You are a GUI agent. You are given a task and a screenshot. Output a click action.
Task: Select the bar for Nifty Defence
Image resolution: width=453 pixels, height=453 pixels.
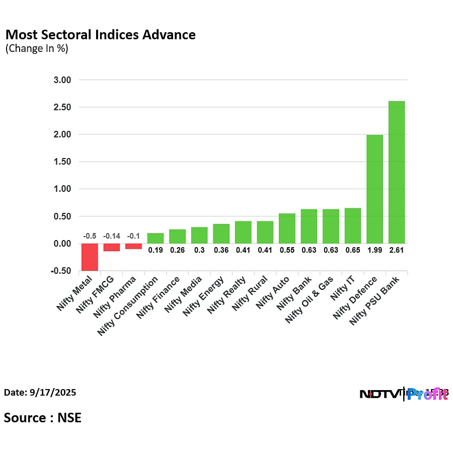click(374, 189)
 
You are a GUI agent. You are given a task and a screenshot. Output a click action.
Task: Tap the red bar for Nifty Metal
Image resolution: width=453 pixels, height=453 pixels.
click(90, 257)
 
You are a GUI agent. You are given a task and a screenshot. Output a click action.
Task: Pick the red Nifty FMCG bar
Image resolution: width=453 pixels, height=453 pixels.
click(112, 247)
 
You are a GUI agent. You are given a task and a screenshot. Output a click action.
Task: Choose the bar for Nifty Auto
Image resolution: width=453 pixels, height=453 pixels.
click(287, 229)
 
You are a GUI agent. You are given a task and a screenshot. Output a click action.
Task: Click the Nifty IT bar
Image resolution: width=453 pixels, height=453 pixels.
click(353, 225)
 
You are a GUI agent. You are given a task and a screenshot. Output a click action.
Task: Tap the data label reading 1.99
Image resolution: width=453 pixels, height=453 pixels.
click(374, 250)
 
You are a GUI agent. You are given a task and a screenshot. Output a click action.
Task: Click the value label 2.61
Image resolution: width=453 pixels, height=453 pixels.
click(397, 250)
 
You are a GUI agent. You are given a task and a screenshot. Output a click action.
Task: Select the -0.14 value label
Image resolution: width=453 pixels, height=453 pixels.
click(112, 236)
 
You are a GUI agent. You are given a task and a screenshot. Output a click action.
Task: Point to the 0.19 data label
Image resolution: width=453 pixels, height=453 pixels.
click(156, 250)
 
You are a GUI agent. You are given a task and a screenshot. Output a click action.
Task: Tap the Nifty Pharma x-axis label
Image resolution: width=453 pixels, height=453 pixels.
click(114, 297)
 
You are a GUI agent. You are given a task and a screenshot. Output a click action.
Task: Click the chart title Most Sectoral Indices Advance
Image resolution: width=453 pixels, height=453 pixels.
click(100, 35)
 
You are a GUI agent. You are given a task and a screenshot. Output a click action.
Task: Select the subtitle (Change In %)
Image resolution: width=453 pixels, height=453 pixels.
click(36, 49)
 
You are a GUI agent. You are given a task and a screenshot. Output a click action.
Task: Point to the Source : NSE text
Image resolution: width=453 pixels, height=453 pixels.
click(43, 417)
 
